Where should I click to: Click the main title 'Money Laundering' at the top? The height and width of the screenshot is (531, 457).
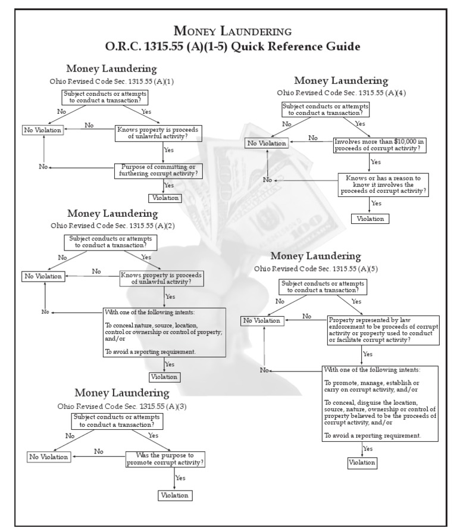coord(232,30)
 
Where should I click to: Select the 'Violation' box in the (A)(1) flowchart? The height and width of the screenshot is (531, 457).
coord(164,198)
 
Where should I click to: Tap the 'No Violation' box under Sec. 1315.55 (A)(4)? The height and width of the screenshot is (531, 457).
coord(267,143)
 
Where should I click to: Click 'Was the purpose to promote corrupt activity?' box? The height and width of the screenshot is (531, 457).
coord(165,459)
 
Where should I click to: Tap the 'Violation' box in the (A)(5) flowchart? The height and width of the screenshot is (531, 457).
coord(362,462)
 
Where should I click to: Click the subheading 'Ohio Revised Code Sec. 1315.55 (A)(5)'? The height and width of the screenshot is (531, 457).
coord(315,268)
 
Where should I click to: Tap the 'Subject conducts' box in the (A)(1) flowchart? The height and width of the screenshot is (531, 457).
coord(105,97)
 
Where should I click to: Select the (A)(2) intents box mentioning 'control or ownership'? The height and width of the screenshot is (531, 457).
coord(165,332)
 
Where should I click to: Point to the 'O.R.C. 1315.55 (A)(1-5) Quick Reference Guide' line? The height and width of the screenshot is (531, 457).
coord(232,46)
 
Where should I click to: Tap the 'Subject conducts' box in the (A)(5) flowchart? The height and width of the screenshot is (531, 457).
coord(322,287)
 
